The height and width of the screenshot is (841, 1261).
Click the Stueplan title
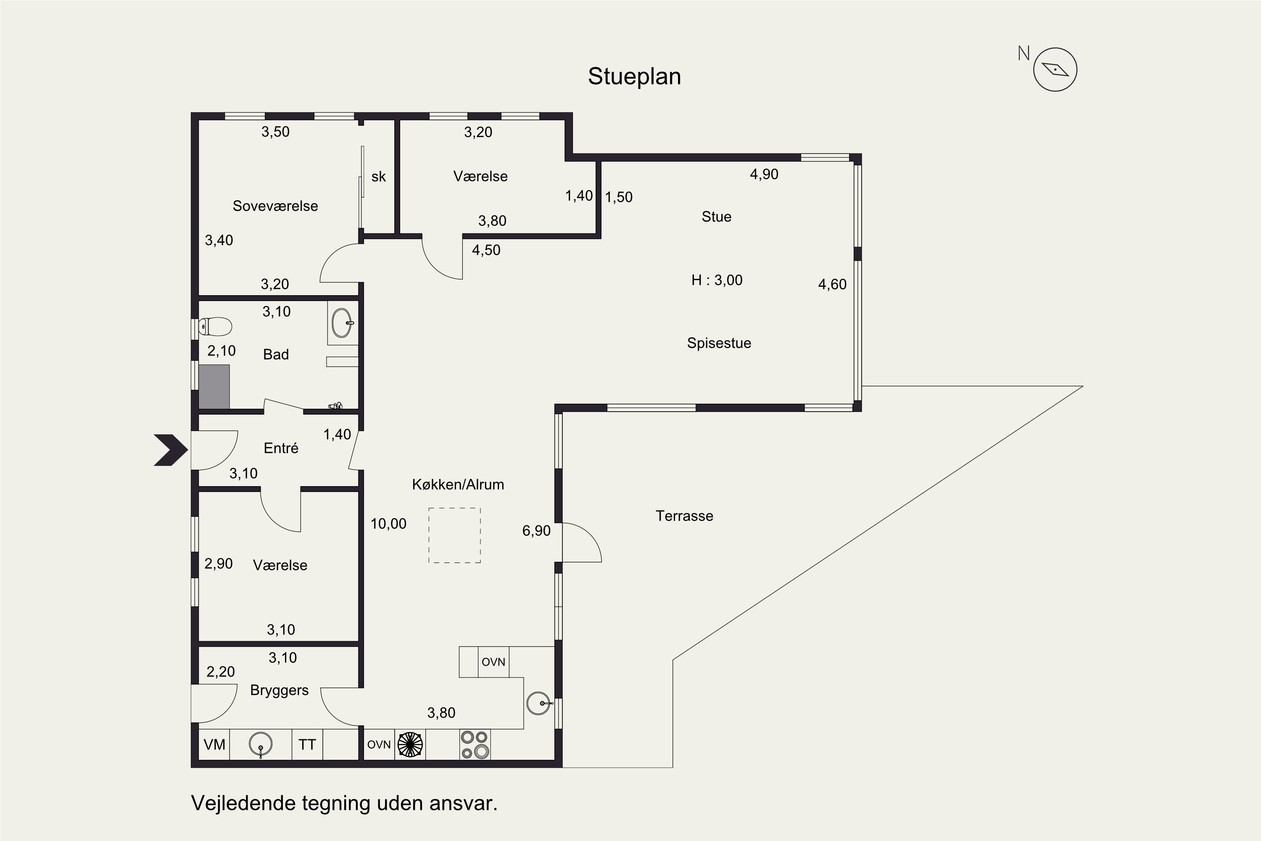(x=634, y=77)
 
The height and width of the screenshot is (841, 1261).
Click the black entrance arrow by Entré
(x=171, y=450)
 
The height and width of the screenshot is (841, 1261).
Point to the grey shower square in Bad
(x=214, y=387)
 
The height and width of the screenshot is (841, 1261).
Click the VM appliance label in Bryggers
(x=214, y=744)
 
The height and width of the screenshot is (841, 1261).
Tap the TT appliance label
(x=307, y=744)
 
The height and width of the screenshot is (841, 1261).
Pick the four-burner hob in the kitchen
(x=475, y=744)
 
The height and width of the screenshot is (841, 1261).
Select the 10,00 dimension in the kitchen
(x=389, y=524)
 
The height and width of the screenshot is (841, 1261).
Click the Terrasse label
(x=685, y=516)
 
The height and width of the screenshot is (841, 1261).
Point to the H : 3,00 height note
(x=717, y=280)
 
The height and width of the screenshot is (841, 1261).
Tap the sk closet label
(x=379, y=177)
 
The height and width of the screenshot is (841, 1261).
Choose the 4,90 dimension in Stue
(x=764, y=175)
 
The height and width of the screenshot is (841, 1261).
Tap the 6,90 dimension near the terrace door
(x=537, y=531)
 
